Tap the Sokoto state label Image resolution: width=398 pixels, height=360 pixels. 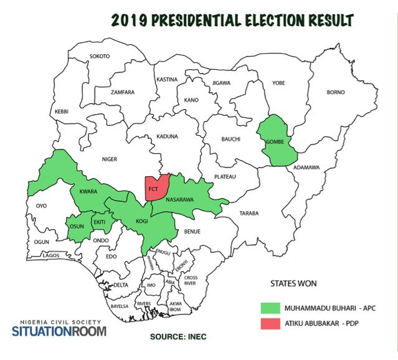click(100, 57)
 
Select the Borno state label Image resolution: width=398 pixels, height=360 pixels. click(335, 93)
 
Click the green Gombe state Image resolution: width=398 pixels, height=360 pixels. click(275, 141)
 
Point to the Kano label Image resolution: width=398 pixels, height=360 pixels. click(191, 100)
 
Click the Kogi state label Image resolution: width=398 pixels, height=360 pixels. click(142, 222)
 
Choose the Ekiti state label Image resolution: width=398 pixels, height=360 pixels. click(99, 222)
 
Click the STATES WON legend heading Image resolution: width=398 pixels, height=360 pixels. click(293, 283)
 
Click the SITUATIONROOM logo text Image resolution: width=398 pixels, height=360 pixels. click(59, 331)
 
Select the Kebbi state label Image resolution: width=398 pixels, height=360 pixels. click(62, 111)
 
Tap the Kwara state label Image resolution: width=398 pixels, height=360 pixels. click(88, 192)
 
